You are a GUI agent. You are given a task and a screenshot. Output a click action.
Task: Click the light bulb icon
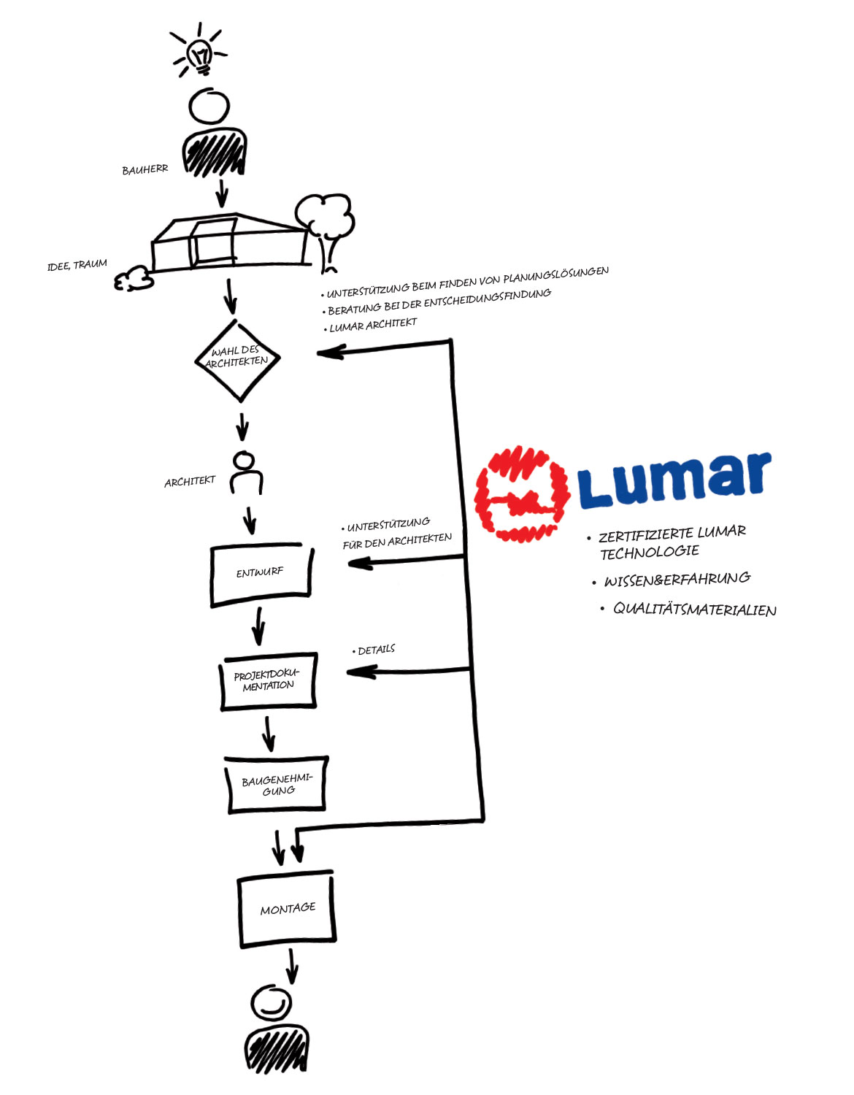199,54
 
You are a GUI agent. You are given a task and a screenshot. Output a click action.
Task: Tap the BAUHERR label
145,169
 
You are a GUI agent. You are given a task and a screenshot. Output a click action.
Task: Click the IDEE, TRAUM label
77,264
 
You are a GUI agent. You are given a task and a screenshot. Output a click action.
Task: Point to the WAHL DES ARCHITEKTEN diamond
238,361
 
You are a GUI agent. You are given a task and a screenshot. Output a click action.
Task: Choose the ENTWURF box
261,574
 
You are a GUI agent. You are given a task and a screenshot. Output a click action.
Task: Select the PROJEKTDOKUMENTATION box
268,680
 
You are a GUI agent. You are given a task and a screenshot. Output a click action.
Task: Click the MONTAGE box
287,909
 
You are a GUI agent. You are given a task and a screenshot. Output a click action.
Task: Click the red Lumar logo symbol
520,494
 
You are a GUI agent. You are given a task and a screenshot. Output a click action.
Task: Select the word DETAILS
376,650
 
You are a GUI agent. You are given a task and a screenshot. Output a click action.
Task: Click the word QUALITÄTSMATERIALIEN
694,610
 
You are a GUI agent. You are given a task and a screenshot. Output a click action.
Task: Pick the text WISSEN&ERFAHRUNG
677,580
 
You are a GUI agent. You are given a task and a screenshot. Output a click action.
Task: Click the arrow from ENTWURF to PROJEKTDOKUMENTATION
258,626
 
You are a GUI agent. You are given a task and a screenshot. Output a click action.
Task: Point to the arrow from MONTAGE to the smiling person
292,965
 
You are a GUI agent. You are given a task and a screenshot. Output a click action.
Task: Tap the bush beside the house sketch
134,278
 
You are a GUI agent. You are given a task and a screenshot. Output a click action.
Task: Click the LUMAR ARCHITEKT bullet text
373,325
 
